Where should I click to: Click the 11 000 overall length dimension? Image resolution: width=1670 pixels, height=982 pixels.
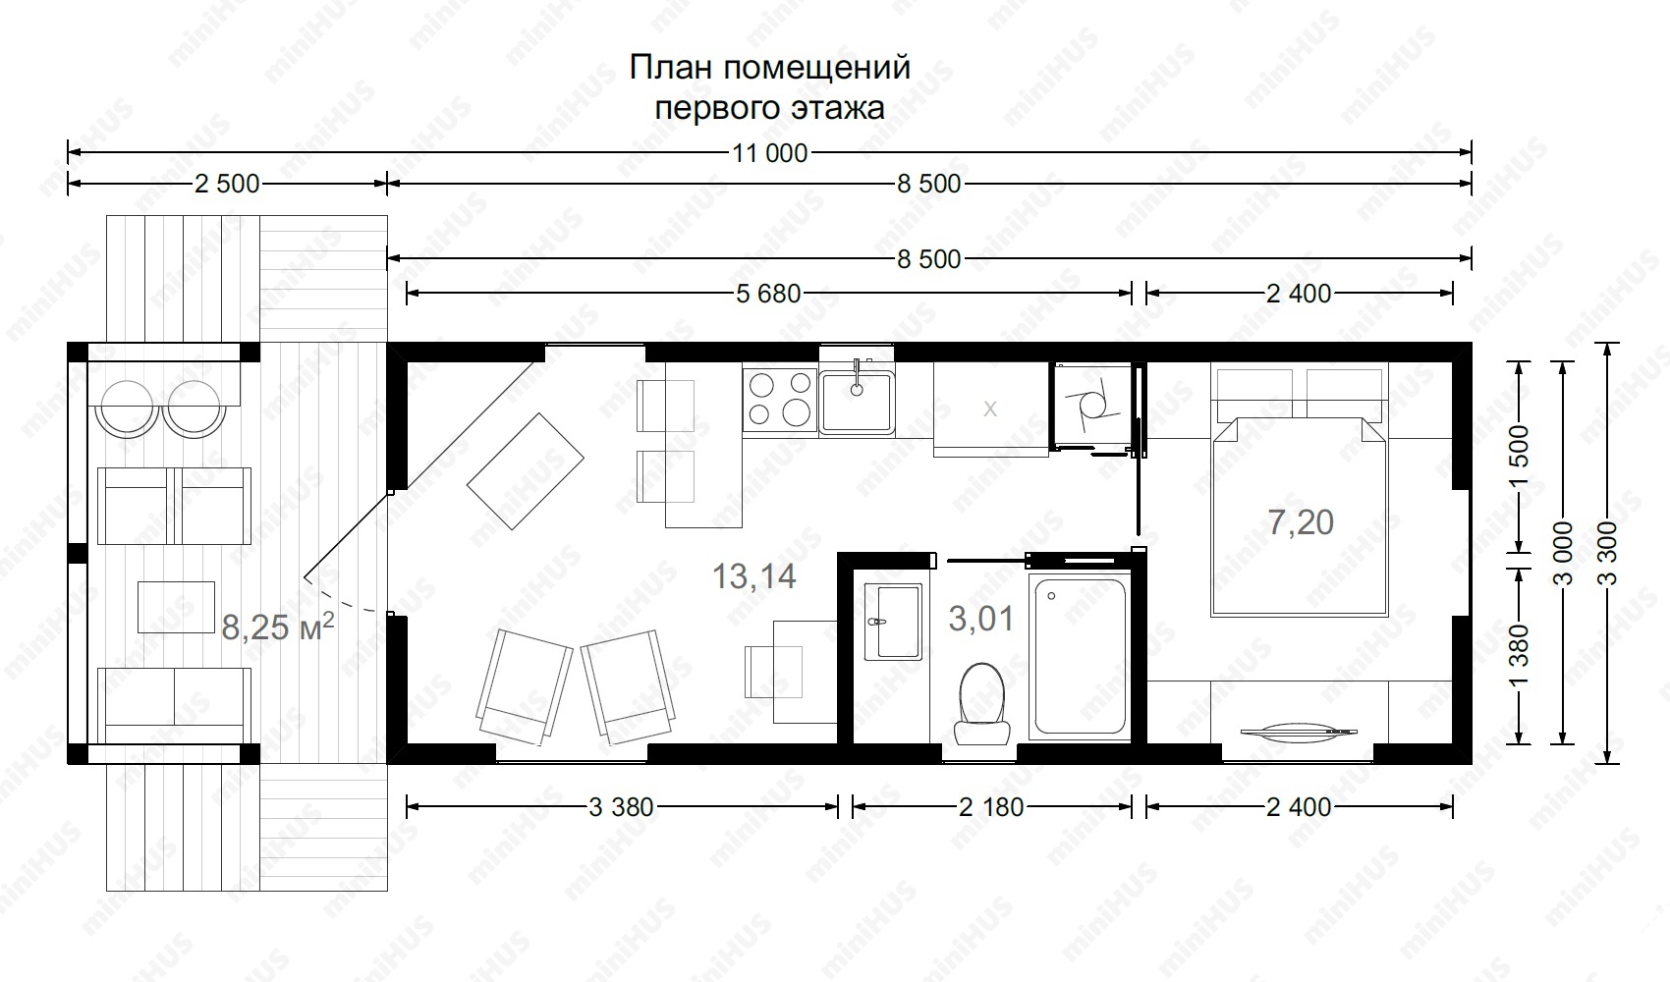769,153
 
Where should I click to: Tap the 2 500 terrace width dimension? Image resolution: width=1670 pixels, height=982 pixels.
227,184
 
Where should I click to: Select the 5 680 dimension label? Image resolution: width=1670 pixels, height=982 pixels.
768,294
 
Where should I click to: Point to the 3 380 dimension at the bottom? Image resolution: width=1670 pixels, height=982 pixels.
621,807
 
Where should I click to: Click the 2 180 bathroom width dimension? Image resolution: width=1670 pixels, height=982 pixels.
991,807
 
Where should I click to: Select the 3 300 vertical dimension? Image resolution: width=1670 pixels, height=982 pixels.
1608,553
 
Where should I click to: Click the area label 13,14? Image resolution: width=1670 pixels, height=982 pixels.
753,575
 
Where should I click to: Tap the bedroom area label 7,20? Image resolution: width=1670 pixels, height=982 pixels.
1301,521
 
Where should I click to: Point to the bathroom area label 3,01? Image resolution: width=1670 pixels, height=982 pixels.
981,619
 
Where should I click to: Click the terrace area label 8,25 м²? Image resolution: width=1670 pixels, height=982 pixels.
277,627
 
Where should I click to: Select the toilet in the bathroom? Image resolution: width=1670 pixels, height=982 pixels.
982,704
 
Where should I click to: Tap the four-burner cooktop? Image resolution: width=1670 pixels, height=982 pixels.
780,400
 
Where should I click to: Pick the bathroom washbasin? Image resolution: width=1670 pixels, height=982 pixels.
893,623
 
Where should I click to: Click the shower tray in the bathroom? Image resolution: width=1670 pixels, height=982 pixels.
1079,656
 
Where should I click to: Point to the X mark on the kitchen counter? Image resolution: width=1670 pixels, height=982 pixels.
990,409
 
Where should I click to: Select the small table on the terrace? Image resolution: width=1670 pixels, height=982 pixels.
176,607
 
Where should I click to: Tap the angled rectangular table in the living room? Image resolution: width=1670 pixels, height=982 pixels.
526,471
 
